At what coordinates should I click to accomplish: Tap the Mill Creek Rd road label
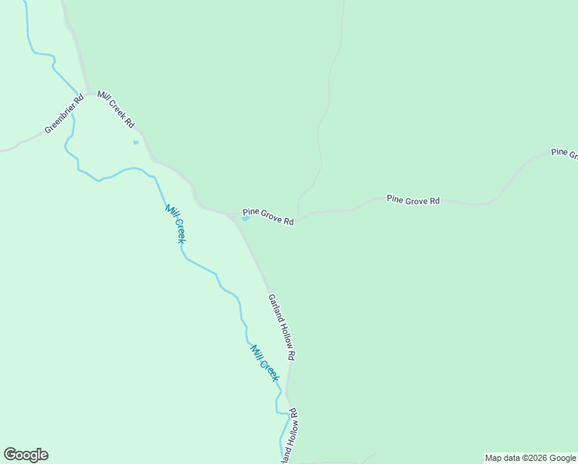point(116,111)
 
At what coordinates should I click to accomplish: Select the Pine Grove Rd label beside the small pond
point(268,217)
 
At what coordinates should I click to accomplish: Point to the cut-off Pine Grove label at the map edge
point(564,153)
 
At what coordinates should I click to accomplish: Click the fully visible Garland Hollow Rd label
point(282,327)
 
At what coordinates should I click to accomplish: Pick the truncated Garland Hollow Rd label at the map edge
point(289,437)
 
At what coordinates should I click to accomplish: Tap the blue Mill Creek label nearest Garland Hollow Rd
point(264,362)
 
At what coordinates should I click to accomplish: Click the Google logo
point(25,455)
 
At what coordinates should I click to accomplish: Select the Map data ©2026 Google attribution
point(531,458)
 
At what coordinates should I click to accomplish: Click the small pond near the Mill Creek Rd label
point(136,142)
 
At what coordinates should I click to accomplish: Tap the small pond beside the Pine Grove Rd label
point(246,218)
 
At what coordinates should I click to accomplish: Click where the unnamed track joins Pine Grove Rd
point(298,218)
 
